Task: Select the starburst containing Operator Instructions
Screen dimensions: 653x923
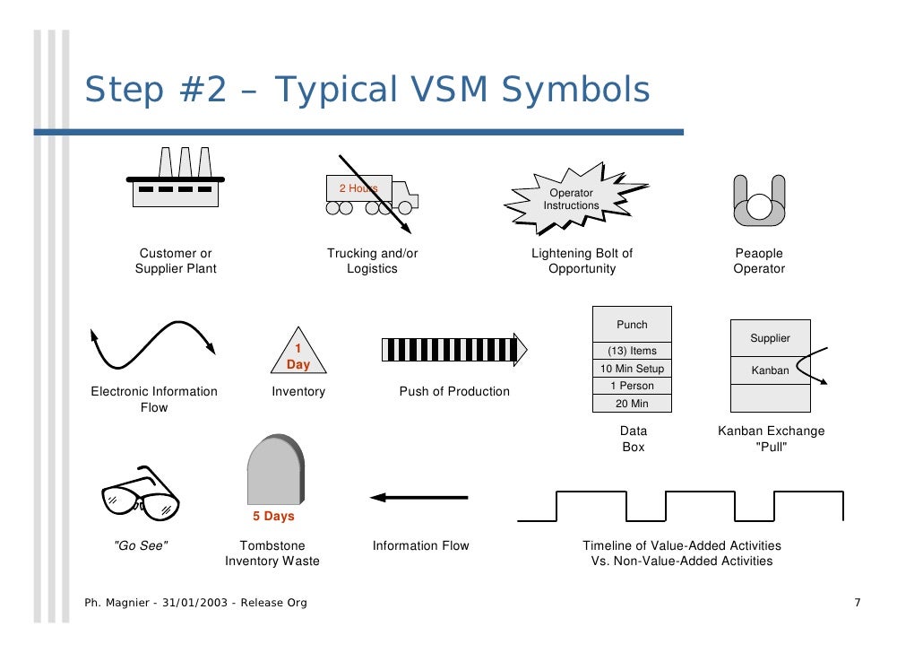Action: pyautogui.click(x=572, y=200)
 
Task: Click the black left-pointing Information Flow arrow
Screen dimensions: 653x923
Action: pyautogui.click(x=419, y=497)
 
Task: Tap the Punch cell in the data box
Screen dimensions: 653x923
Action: pyautogui.click(x=632, y=324)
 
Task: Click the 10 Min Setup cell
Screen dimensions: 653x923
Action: pyautogui.click(x=632, y=369)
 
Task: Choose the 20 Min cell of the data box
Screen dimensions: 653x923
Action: pyautogui.click(x=632, y=404)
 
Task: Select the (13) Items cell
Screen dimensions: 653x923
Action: pyautogui.click(x=632, y=351)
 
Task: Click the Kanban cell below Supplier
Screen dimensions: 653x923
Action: pyautogui.click(x=770, y=370)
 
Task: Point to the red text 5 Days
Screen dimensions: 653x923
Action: pyautogui.click(x=273, y=517)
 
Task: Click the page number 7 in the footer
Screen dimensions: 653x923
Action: pyautogui.click(x=858, y=603)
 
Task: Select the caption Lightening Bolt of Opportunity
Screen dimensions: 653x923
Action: pyautogui.click(x=582, y=261)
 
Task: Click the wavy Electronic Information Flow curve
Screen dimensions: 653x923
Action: pyautogui.click(x=152, y=344)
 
